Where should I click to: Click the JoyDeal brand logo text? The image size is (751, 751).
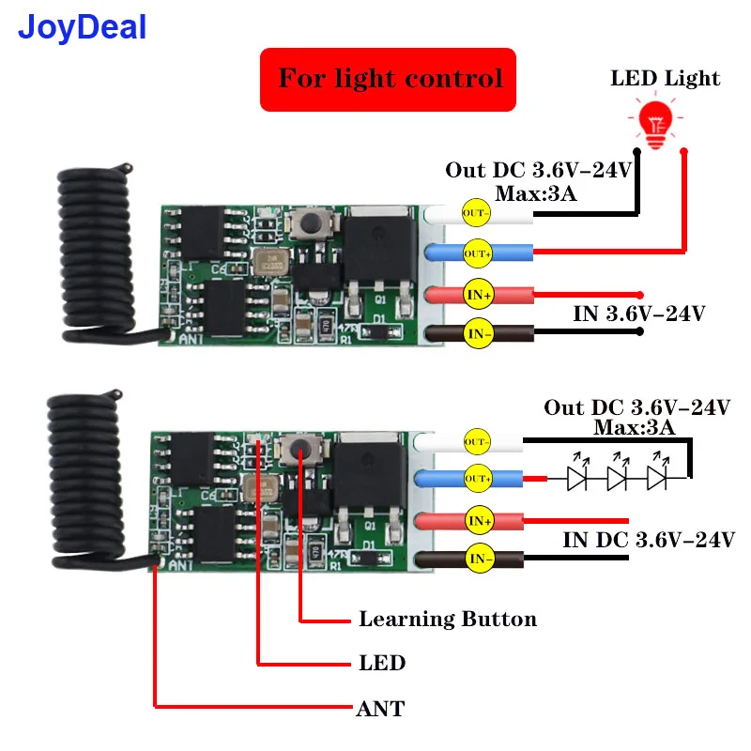pos(83,26)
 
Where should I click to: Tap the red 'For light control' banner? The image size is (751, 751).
pos(388,78)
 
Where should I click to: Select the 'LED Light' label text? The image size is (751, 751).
pos(666,78)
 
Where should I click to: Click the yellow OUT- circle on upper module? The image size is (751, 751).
pos(476,213)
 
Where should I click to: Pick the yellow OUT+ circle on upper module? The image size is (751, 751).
pos(476,251)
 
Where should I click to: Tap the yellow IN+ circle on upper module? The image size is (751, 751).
pos(479,295)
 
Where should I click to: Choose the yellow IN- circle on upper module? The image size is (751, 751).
pos(479,332)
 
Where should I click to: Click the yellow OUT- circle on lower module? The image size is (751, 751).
pos(478,440)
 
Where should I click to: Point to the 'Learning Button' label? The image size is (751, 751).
pos(448,620)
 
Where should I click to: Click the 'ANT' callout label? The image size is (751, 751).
pos(380,709)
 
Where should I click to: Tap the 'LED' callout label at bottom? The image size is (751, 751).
pos(382,664)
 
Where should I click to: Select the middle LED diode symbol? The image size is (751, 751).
pos(617,478)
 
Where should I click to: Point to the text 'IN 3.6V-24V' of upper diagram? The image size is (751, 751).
pos(638,314)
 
